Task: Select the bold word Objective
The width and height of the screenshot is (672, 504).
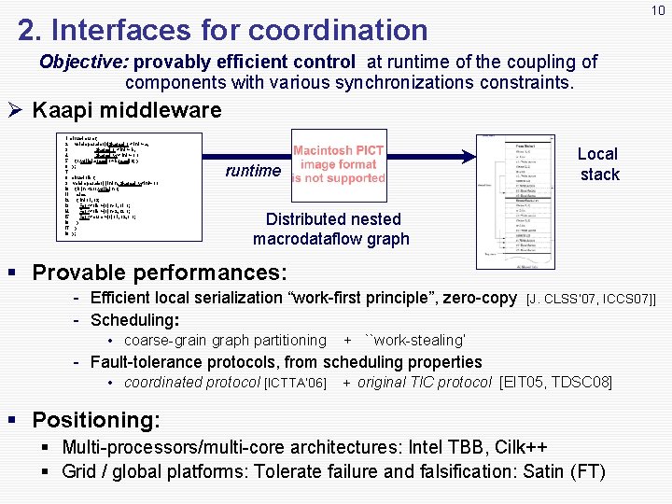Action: tap(84, 63)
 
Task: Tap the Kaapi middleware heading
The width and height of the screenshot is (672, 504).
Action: tap(126, 110)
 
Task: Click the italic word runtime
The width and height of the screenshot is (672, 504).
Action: tap(253, 171)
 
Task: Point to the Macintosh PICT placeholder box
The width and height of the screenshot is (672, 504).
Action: tap(340, 164)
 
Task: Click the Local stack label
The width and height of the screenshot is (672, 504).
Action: tap(598, 164)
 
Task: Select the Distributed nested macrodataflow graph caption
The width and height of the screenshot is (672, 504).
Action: tap(332, 229)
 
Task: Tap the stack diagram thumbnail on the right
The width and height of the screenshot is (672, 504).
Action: tap(516, 201)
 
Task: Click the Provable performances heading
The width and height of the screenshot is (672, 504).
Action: tap(158, 273)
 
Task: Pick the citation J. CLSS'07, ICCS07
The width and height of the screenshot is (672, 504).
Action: tap(592, 300)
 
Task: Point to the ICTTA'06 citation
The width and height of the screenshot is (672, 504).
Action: tap(296, 384)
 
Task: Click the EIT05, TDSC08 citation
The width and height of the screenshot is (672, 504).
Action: tap(556, 383)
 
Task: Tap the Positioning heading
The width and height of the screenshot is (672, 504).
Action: tap(95, 420)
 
